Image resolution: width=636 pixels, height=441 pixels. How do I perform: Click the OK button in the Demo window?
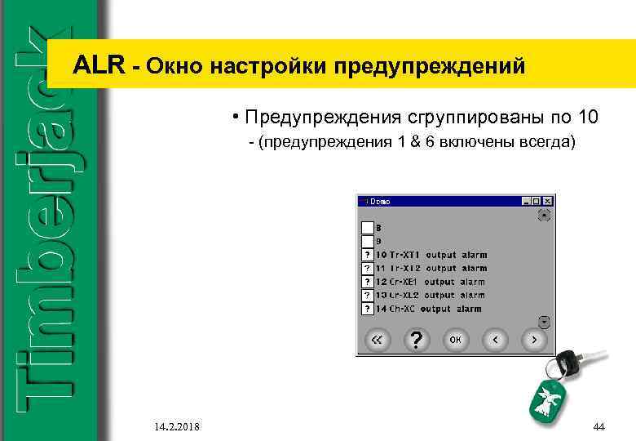[455, 339]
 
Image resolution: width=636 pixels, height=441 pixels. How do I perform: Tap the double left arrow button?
[376, 339]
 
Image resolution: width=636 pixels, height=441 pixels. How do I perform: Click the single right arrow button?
[534, 339]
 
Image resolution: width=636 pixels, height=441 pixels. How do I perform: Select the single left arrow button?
[495, 339]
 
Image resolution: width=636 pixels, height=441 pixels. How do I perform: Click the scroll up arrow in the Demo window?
[545, 216]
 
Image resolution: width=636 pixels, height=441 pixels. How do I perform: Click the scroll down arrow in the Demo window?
[545, 320]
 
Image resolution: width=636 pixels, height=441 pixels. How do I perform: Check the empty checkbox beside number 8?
[368, 228]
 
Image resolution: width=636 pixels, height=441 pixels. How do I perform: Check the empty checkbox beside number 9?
[368, 241]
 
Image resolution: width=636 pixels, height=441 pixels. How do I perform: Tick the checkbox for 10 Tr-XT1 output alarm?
[368, 255]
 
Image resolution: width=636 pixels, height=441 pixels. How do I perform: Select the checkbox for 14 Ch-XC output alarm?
[368, 309]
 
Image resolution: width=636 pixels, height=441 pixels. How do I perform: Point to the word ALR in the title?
[99, 65]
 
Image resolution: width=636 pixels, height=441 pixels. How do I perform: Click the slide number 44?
[599, 426]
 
